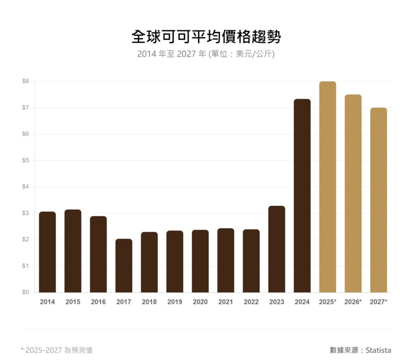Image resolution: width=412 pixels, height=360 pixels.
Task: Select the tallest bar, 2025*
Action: click(328, 187)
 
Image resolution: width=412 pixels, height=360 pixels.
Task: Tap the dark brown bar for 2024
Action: click(302, 195)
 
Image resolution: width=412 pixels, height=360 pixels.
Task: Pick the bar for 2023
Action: click(277, 249)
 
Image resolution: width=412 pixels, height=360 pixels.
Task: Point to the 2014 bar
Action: click(47, 252)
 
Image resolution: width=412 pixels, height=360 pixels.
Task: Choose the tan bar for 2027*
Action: click(379, 200)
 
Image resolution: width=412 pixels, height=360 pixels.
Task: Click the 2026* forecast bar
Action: click(353, 193)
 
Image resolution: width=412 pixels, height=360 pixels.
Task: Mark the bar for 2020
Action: click(200, 261)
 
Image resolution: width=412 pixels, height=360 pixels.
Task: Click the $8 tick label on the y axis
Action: click(25, 81)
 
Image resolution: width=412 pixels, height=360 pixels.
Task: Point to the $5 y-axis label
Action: click(25, 160)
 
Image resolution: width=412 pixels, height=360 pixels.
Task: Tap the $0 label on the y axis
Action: click(25, 292)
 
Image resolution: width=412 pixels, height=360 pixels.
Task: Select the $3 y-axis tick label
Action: click(25, 213)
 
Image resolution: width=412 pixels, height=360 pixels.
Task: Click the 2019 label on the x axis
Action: click(175, 302)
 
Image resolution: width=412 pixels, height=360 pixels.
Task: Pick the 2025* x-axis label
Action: click(328, 302)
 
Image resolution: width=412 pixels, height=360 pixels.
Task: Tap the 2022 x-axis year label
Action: click(251, 302)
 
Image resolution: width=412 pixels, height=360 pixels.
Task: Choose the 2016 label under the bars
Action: click(98, 302)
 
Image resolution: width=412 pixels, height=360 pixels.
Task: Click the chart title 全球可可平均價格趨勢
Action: click(206, 37)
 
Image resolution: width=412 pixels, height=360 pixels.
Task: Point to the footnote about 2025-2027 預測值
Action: click(57, 350)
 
